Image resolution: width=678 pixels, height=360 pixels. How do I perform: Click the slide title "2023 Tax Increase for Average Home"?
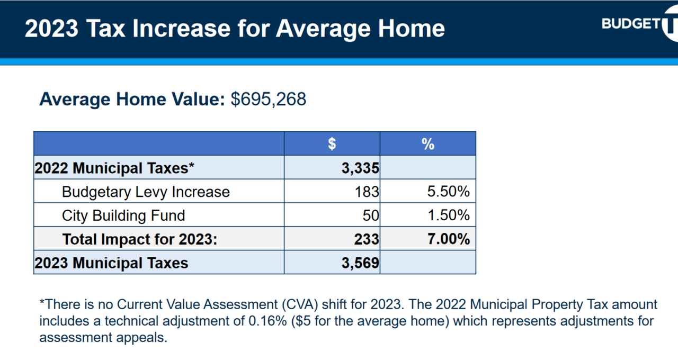235,29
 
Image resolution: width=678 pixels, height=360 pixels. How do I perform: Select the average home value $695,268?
268,100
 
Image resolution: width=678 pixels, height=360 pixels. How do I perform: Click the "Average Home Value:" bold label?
132,100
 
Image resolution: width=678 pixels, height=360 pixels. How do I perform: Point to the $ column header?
332,143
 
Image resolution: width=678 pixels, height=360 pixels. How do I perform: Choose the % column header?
428,143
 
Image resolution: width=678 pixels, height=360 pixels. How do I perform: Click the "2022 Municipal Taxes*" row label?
114,168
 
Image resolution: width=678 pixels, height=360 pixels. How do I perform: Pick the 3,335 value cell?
361,168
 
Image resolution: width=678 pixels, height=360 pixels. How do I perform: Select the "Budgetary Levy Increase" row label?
146,192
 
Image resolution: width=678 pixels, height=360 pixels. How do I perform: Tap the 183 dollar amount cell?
367,192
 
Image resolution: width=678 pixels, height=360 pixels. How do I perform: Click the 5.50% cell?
448,192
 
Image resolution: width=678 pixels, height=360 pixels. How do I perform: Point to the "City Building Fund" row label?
123,215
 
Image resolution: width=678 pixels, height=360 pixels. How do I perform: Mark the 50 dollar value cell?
371,215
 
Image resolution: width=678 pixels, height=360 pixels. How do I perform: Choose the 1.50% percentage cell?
448,215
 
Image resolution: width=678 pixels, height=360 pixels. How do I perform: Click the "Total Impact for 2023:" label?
140,239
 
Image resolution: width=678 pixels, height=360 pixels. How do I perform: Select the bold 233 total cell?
367,239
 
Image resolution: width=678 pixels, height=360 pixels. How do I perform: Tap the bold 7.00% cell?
448,239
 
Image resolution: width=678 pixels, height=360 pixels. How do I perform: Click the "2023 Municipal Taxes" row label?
111,263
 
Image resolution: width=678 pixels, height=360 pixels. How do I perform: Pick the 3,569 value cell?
361,263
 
